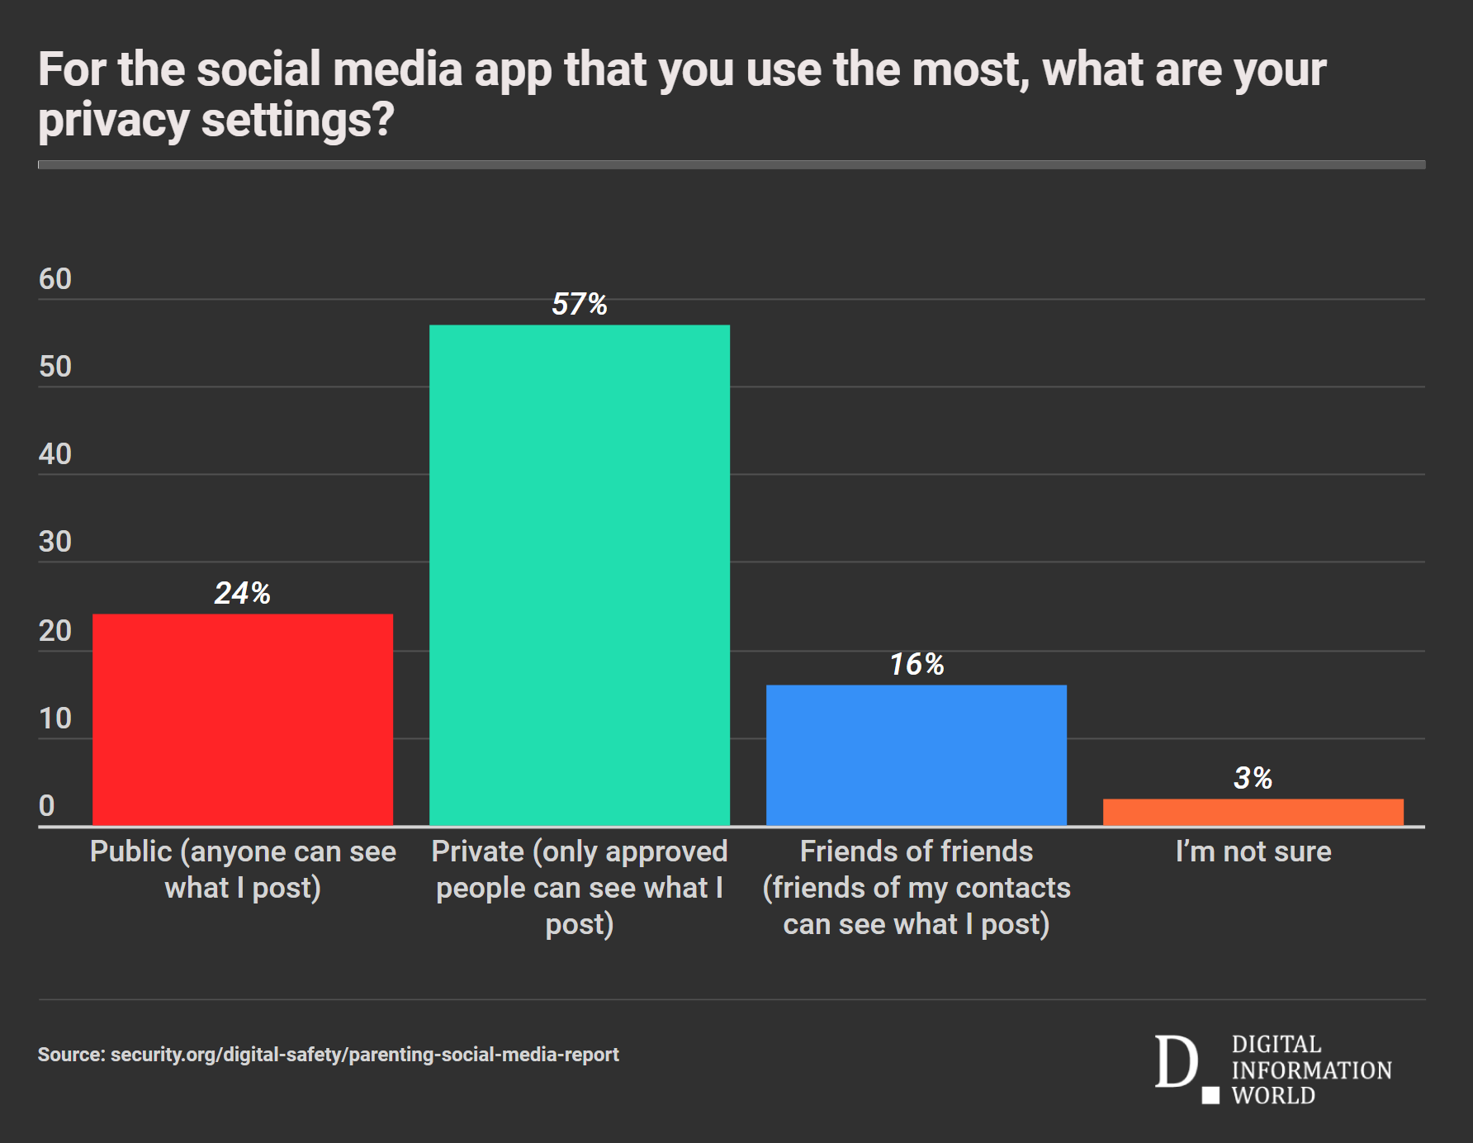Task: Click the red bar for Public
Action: pos(243,719)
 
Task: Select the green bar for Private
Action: pos(580,575)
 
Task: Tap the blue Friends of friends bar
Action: pos(916,755)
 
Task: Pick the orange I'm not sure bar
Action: pos(1253,812)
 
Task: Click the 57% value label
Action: pos(580,305)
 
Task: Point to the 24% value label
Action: pos(243,593)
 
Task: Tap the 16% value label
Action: pos(916,664)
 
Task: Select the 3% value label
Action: pos(1253,778)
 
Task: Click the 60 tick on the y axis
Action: pos(55,279)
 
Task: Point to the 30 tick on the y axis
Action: pos(55,542)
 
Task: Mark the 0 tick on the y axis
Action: pos(47,805)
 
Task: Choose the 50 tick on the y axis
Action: pos(55,367)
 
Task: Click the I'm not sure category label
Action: pos(1253,851)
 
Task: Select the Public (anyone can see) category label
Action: pos(243,870)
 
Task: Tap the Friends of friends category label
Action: pos(916,888)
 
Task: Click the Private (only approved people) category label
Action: pos(580,888)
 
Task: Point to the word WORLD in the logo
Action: pos(1273,1096)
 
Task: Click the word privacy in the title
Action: pos(114,121)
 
